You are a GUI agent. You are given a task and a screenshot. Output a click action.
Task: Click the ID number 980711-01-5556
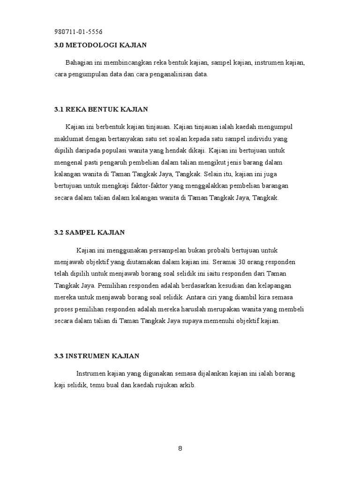[x=79, y=32]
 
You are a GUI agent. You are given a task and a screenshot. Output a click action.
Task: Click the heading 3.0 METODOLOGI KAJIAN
[x=100, y=45]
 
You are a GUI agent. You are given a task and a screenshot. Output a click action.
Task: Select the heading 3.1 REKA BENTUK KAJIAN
[x=101, y=109]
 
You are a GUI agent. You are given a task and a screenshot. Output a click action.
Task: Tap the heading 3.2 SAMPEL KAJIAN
[x=89, y=232]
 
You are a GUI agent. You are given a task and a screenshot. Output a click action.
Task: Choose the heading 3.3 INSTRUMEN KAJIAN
[x=97, y=356]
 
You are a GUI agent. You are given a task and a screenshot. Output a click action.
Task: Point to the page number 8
[x=180, y=448]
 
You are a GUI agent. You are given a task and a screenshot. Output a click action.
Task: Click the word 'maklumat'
[x=67, y=139]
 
